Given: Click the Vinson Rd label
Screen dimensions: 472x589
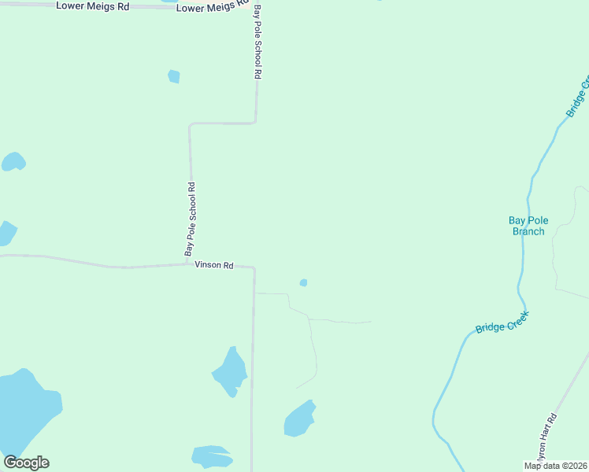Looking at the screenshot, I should point(214,266).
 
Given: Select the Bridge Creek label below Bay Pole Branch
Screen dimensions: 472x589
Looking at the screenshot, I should point(502,323).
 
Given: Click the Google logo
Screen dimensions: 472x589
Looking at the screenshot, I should point(27,462).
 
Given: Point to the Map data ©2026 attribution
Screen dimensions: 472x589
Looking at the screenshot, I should point(556,466).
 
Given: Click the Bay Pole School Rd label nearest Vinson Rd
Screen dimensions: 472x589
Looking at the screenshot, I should point(190,219).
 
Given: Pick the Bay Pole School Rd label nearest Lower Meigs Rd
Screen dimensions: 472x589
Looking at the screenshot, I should point(257,44).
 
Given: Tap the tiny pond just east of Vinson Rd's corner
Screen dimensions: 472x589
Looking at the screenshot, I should point(303,282).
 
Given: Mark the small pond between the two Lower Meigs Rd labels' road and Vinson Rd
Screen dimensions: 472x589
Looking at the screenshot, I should point(174,76).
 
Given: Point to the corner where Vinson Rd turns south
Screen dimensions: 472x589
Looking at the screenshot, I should point(254,268).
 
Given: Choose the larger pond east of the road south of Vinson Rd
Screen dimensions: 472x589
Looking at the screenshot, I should point(299,419).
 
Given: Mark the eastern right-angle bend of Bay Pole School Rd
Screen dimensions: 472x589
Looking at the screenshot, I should point(256,121).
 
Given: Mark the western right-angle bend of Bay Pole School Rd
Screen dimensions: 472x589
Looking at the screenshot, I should point(190,124).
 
